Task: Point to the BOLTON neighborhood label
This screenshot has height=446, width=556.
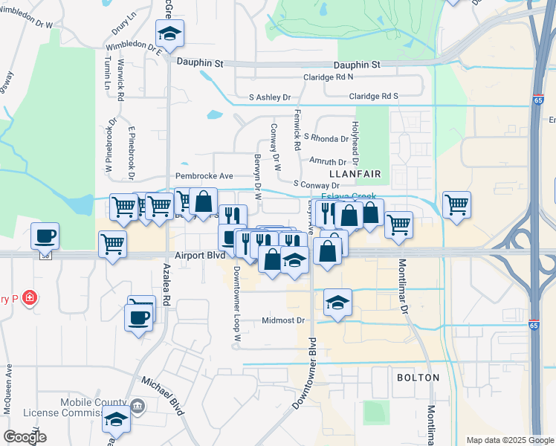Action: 417,378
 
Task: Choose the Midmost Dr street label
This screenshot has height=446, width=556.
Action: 283,321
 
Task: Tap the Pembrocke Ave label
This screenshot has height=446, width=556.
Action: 204,176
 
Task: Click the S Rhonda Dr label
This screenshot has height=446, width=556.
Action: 326,138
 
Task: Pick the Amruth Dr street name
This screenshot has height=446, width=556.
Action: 328,162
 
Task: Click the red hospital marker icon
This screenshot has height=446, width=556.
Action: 30,298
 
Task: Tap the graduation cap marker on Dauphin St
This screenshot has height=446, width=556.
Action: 170,33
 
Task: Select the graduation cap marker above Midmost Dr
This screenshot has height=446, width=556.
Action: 338,303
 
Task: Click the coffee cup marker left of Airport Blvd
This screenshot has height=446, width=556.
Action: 45,236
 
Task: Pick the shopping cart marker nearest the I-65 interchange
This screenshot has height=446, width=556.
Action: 456,204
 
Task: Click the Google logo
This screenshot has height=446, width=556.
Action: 25,437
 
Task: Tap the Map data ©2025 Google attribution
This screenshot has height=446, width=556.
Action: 508,440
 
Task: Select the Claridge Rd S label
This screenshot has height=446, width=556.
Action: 374,97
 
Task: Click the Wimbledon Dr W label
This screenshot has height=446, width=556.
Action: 28,25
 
